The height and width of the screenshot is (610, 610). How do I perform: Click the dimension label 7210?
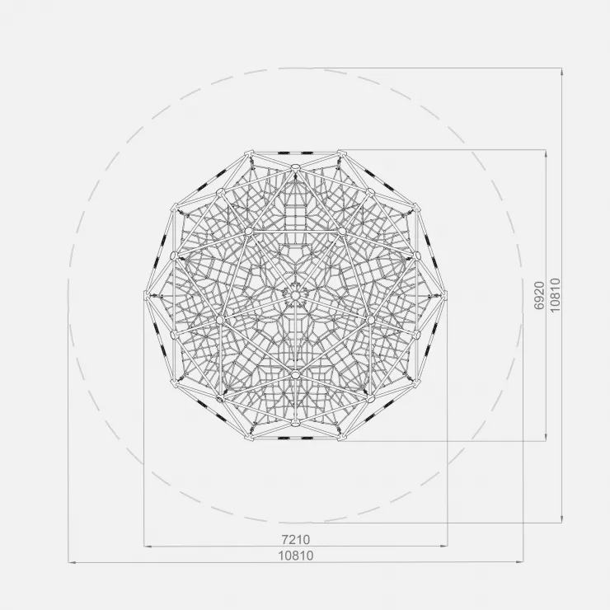pos(296,540)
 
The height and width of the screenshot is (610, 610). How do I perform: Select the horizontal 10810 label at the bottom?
pos(296,556)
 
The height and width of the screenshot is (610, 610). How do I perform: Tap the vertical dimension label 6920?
pos(539,295)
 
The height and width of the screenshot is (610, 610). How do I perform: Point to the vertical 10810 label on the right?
pos(555,295)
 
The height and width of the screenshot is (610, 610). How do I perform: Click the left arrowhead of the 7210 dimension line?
pos(148,547)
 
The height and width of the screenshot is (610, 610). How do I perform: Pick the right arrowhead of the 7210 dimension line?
pos(443,547)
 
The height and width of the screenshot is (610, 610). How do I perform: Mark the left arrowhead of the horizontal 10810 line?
pos(72,562)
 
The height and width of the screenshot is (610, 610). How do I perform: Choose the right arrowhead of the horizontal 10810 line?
pos(519,562)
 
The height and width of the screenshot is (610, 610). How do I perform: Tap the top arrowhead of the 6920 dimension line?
pos(546,153)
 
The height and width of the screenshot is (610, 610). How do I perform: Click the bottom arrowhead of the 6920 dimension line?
pos(546,437)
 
